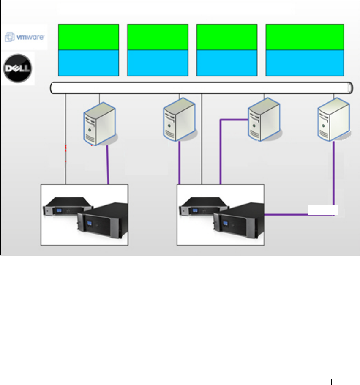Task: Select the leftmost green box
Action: (88, 37)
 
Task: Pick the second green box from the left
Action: (158, 37)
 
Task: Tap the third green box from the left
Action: (227, 37)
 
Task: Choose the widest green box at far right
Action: (304, 37)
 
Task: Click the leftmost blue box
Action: (88, 63)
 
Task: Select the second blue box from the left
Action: (158, 63)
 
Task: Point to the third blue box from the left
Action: (227, 63)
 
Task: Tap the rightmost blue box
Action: (304, 63)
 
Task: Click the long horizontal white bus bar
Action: (201, 87)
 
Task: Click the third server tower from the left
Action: (264, 121)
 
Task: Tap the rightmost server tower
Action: (334, 121)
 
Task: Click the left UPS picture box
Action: (84, 215)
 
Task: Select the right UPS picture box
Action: (220, 215)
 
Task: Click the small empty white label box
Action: (323, 210)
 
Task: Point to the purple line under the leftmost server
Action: (108, 165)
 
